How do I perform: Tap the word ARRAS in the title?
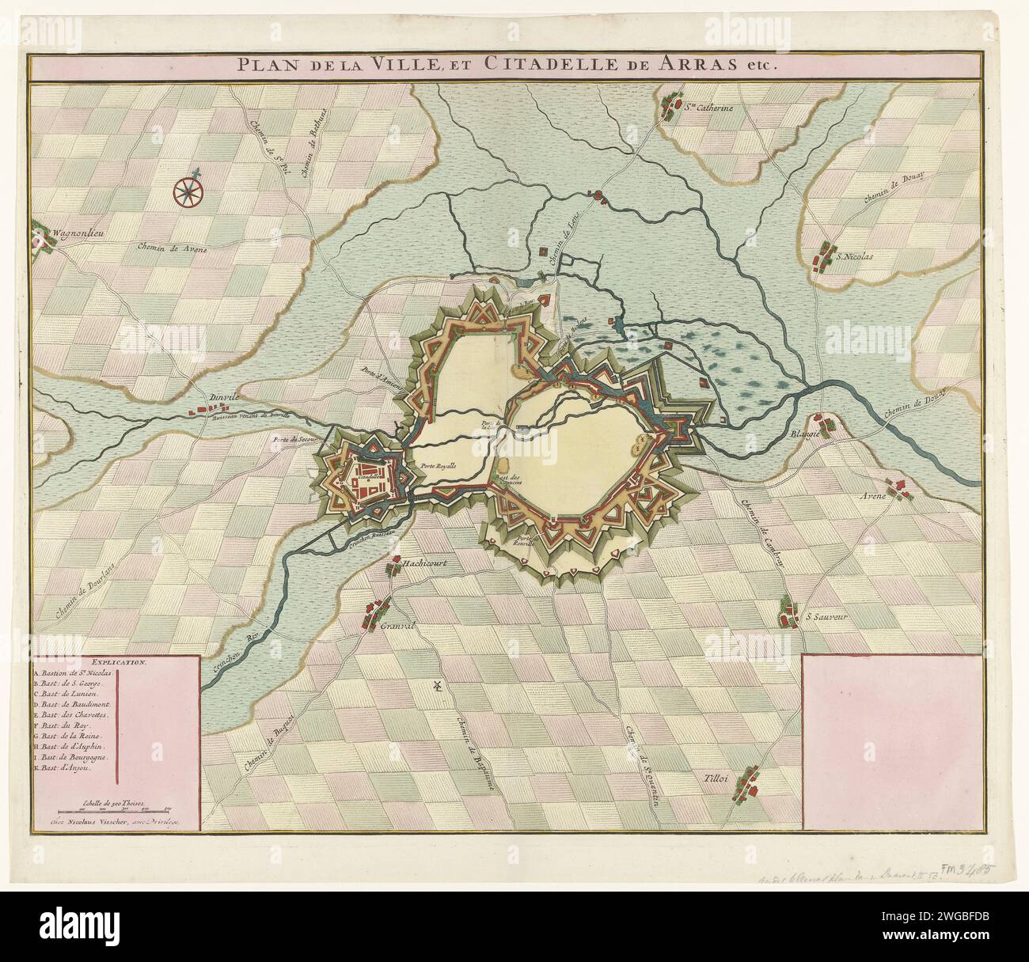[x=717, y=66]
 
